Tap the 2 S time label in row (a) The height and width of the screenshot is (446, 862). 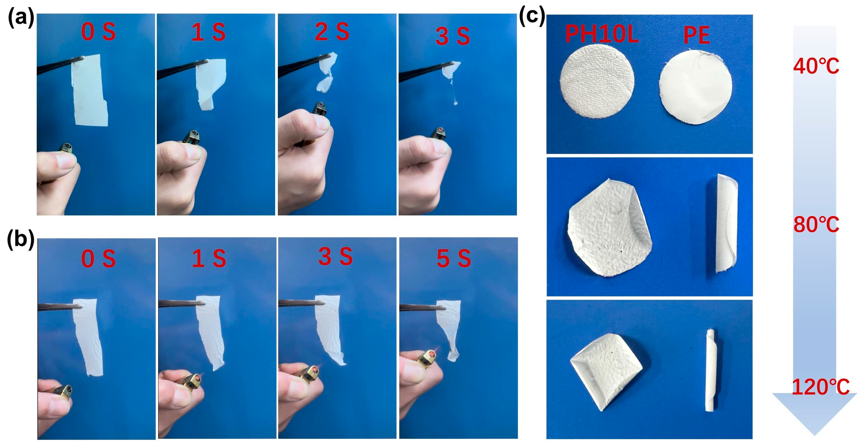click(332, 32)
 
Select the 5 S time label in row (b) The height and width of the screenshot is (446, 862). click(454, 258)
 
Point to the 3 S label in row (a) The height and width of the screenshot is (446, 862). click(452, 36)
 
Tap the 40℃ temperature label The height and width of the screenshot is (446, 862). click(816, 66)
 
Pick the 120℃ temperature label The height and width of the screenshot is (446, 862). click(820, 387)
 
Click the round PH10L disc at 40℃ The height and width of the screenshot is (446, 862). click(597, 81)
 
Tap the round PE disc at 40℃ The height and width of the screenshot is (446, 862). click(695, 87)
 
